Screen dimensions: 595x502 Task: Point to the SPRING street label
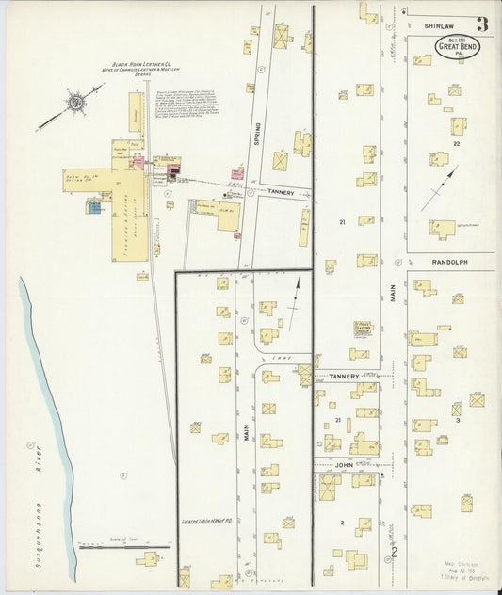click(256, 135)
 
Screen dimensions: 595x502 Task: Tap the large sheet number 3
click(482, 24)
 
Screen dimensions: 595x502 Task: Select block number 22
click(456, 144)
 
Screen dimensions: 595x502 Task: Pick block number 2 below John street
click(343, 522)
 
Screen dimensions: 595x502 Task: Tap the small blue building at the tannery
click(95, 206)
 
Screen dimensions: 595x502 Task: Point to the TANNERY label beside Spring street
click(282, 192)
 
